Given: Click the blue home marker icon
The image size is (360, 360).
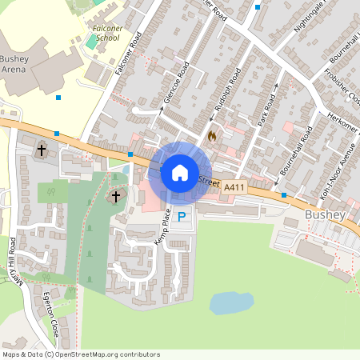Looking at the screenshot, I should coord(179,172).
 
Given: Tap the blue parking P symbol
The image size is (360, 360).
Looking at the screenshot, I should coord(182,216).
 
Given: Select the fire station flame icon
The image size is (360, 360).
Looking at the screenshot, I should coord(211,136).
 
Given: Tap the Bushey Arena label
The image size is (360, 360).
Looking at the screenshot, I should coord(14,64).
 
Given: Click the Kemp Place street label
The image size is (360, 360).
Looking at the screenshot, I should coord(164,226).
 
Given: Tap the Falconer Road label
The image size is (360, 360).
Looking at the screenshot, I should coord(128,55).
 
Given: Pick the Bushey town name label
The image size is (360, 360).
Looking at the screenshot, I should coord(323,215).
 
